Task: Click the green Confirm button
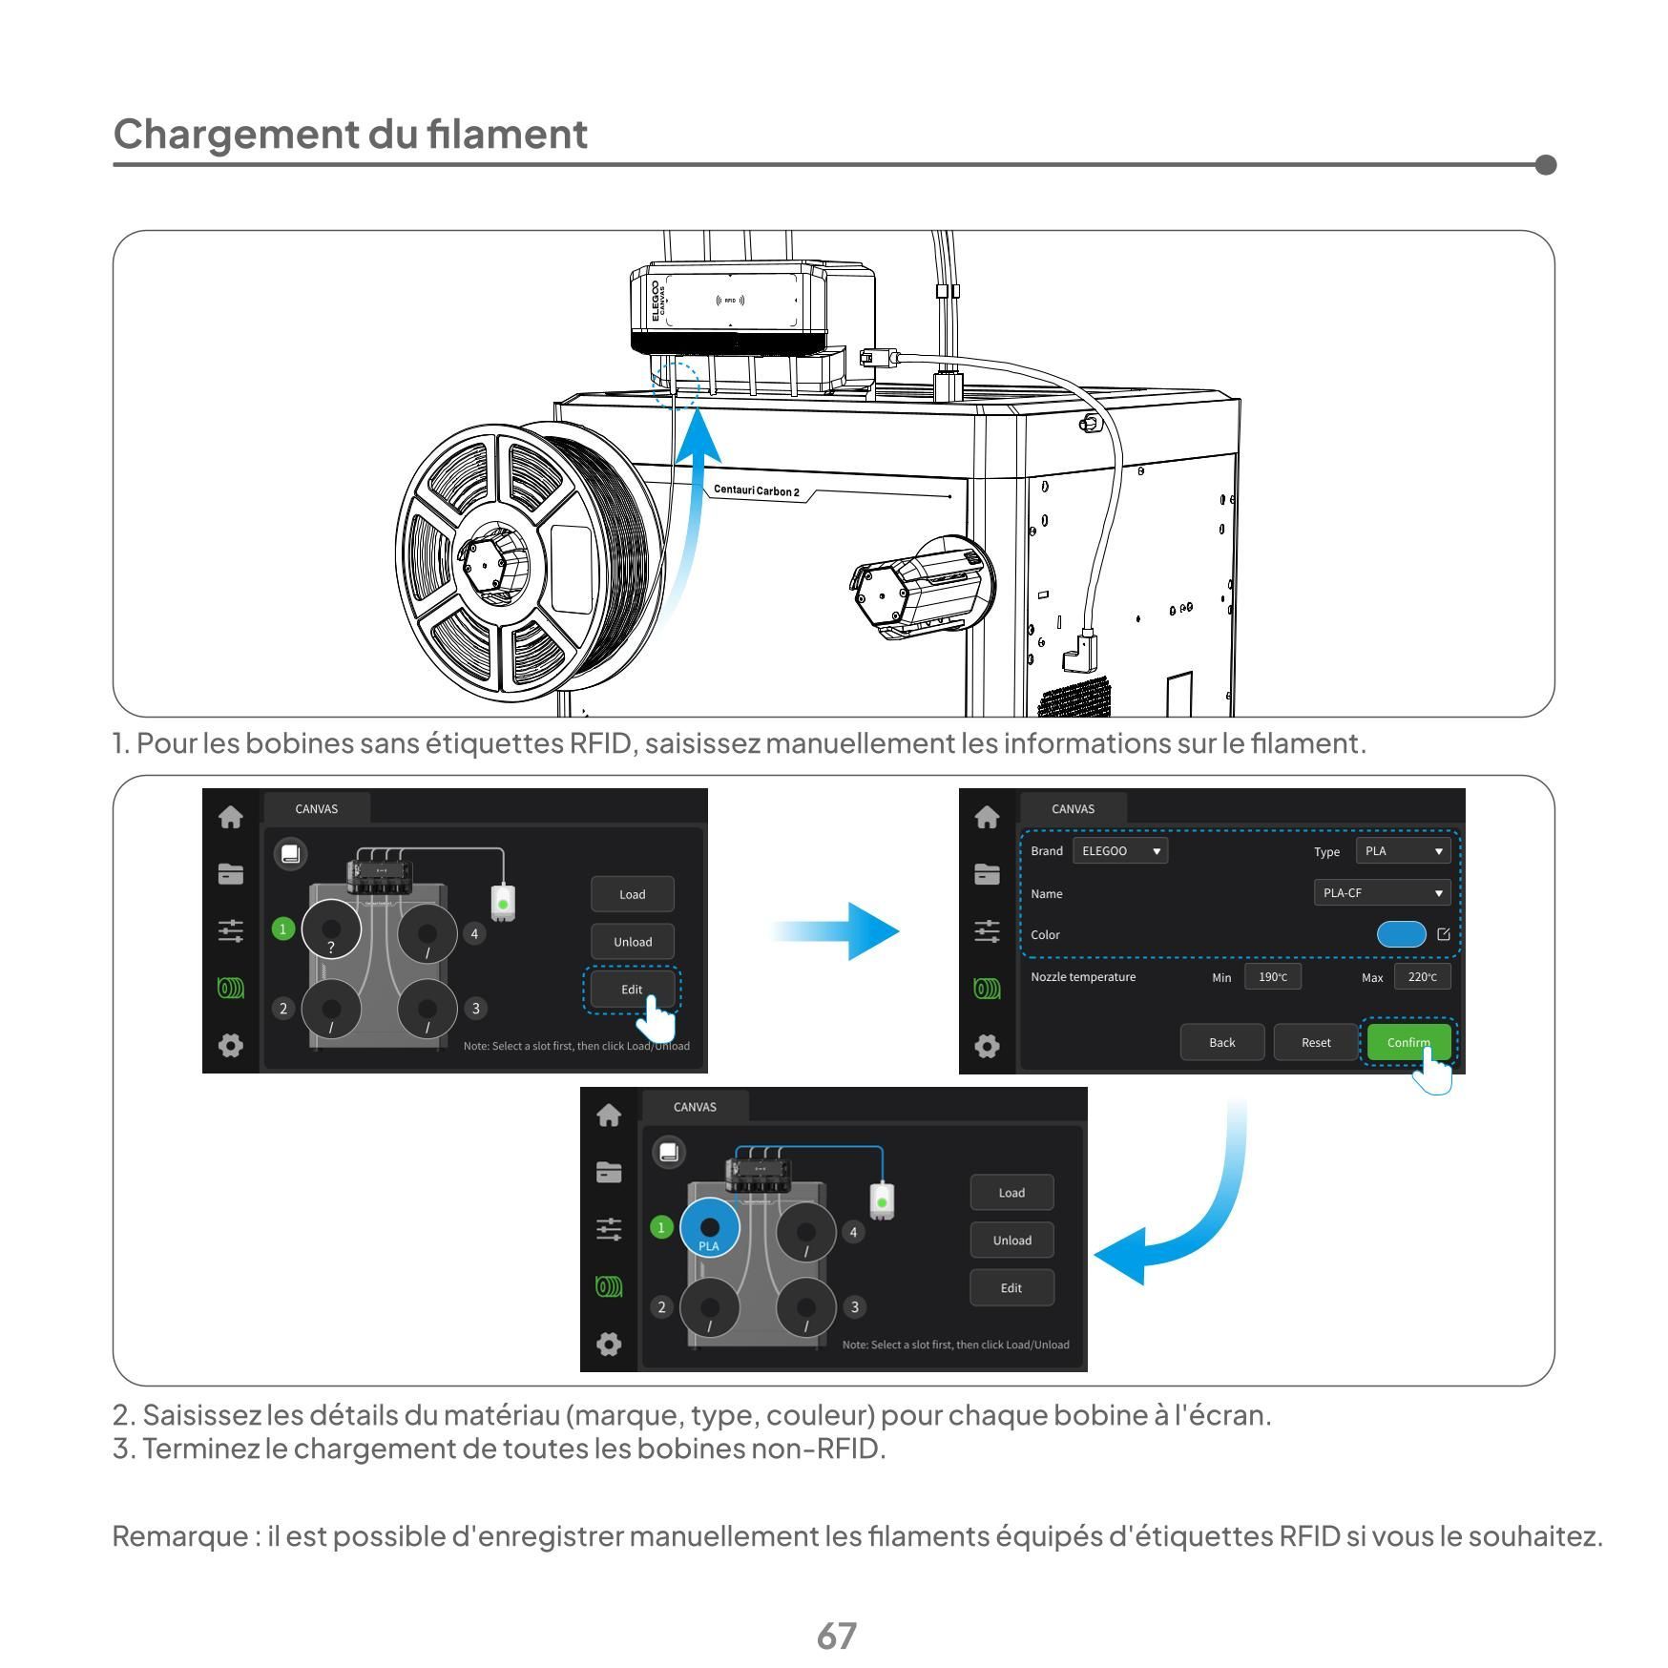[1407, 1041]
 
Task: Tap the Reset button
[1316, 1042]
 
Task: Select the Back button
[1221, 1042]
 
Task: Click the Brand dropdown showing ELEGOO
[1119, 850]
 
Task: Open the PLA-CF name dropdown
[1382, 892]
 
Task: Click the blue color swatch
[1400, 934]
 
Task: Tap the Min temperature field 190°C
[1272, 976]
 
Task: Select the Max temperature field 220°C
[1422, 976]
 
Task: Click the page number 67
[836, 1636]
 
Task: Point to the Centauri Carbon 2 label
[757, 490]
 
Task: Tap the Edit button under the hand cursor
[631, 989]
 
